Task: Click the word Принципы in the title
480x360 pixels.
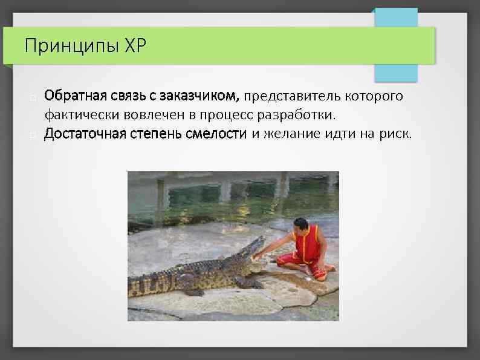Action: coord(63,46)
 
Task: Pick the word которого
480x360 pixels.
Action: coord(374,96)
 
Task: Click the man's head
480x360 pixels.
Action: coord(300,224)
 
